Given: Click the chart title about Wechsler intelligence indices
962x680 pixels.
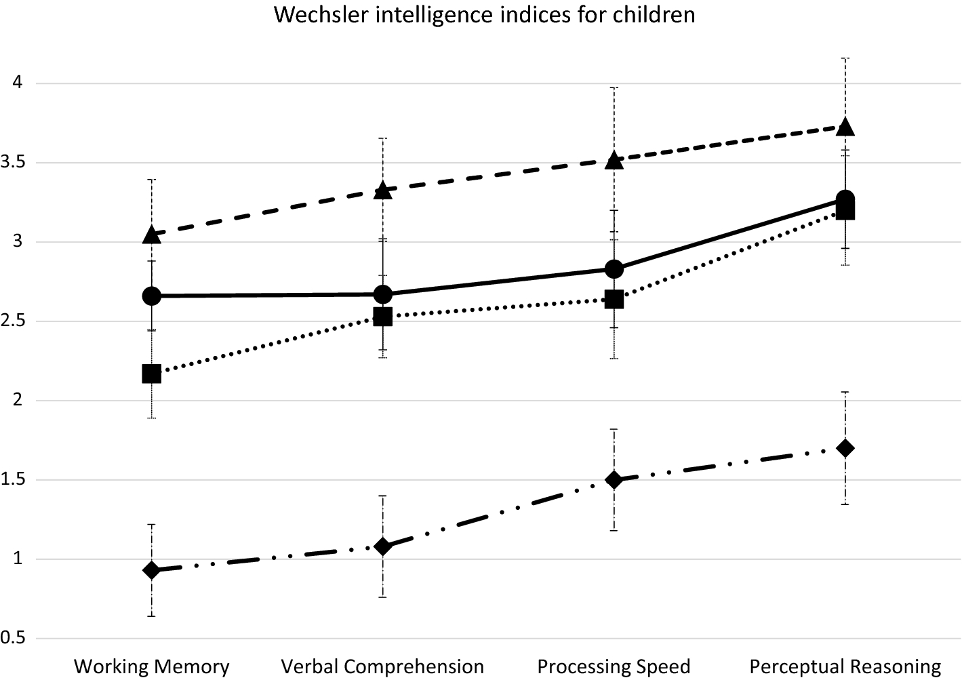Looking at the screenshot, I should [x=485, y=14].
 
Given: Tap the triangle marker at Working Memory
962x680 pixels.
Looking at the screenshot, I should [x=152, y=235].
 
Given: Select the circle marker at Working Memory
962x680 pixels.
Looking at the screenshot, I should [x=152, y=296].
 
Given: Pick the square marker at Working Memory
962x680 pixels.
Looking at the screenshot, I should [x=152, y=374].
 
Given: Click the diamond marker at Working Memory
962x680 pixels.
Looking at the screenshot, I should [x=152, y=570].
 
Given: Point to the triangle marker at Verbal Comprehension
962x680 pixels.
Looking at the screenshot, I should [x=383, y=191].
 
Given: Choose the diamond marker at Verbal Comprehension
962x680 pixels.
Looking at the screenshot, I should [x=383, y=546].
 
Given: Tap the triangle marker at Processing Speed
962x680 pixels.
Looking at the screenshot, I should [x=614, y=160].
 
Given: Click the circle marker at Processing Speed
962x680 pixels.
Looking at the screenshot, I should [x=614, y=269].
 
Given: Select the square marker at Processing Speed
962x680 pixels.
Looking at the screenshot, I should [x=614, y=299].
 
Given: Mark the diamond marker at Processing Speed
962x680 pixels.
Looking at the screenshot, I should [x=614, y=480].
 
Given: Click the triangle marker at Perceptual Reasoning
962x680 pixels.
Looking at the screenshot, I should [x=845, y=127].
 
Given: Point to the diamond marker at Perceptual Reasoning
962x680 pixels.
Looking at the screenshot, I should [x=845, y=448].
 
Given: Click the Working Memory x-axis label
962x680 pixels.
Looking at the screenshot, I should [x=152, y=666].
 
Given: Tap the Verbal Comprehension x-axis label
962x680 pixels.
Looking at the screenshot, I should [x=383, y=666].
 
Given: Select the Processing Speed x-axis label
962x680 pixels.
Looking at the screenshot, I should [x=614, y=666].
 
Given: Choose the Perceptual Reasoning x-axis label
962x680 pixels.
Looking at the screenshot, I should [x=845, y=666].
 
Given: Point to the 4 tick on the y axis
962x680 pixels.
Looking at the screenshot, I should [x=18, y=83].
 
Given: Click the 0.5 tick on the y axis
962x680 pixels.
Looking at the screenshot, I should [x=14, y=639].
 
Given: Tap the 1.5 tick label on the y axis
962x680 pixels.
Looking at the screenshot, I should [x=14, y=480].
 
